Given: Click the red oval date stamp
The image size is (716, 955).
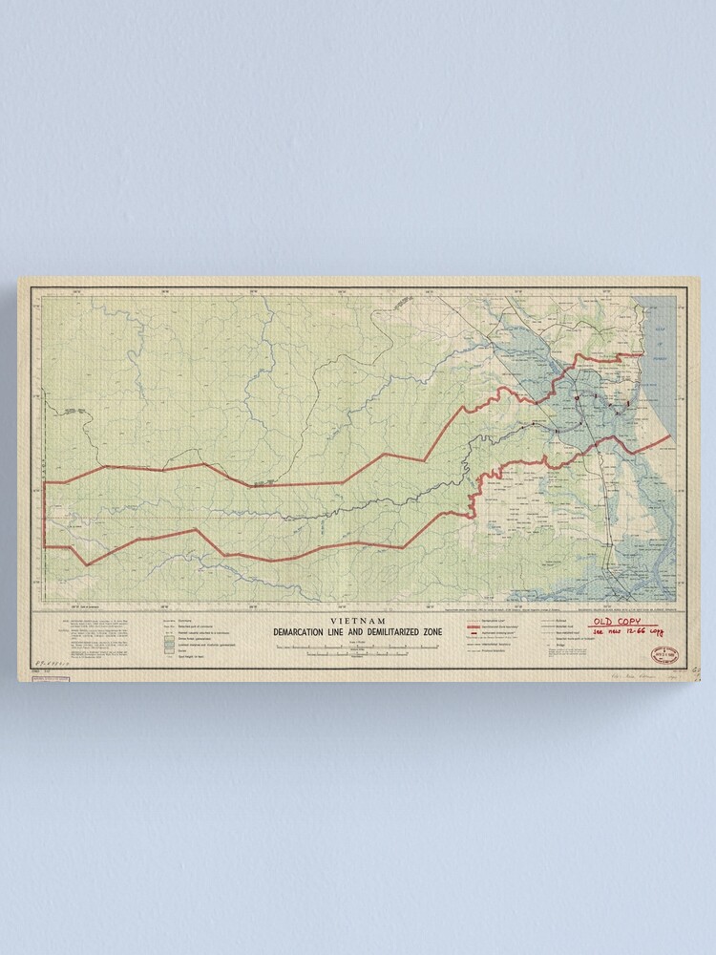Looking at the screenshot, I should coord(663,654).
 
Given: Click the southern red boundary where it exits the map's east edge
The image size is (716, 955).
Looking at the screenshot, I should coord(671,435).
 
